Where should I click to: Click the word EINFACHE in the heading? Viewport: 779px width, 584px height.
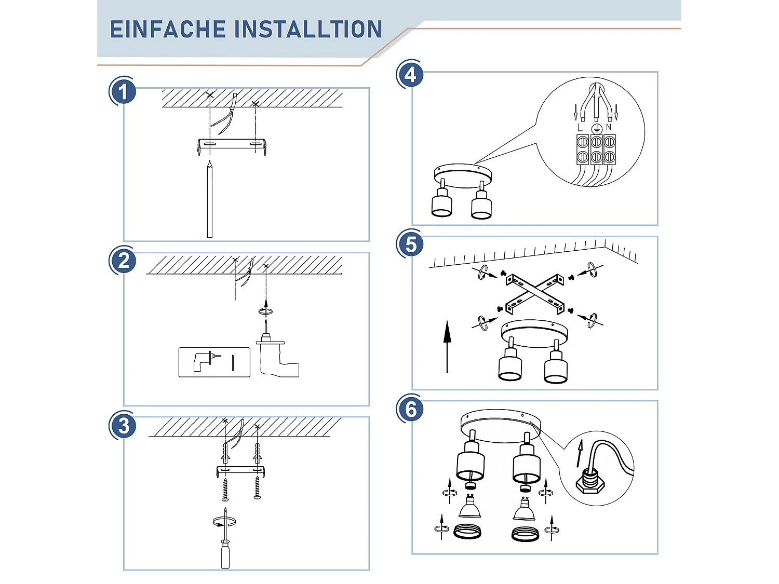[168, 29]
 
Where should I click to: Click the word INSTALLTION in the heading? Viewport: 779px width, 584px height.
[308, 29]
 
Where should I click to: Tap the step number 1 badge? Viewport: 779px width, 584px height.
[123, 91]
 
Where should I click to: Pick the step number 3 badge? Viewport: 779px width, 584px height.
[123, 426]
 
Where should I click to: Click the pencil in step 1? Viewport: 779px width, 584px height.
[210, 199]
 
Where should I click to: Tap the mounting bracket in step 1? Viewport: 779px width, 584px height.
[232, 145]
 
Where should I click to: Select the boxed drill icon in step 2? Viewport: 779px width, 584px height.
[214, 362]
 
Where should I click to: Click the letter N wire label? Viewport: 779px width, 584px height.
[609, 127]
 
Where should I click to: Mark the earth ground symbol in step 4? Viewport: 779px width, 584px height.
[597, 129]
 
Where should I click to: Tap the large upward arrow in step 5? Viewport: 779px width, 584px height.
[447, 347]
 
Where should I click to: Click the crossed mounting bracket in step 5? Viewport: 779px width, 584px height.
[535, 294]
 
